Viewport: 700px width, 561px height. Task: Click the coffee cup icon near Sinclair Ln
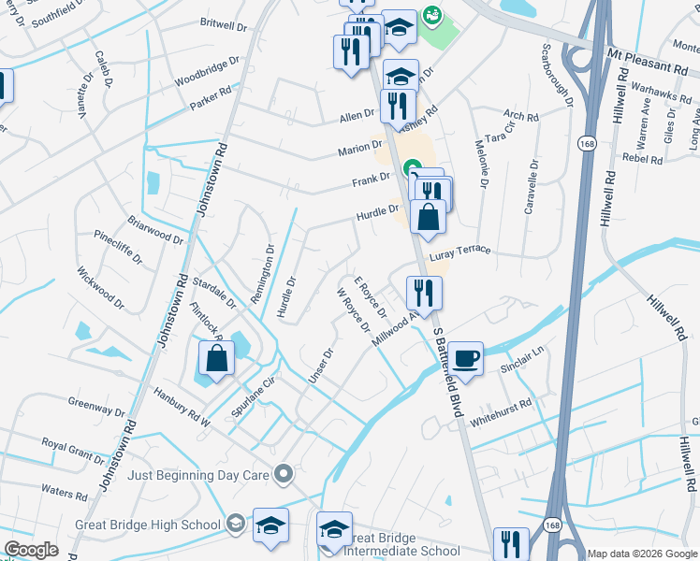[x=465, y=356]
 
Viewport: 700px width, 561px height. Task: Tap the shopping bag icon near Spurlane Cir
[x=216, y=359]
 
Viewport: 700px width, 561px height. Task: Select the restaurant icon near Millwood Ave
[x=424, y=293]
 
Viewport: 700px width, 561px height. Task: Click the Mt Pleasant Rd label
[x=647, y=61]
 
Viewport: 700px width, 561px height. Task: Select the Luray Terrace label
[x=459, y=253]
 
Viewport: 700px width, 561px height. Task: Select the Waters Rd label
[x=64, y=490]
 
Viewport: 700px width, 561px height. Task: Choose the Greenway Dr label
[x=96, y=409]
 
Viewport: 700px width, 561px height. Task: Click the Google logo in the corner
[x=31, y=550]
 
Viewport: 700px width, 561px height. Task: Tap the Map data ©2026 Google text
[x=641, y=554]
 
